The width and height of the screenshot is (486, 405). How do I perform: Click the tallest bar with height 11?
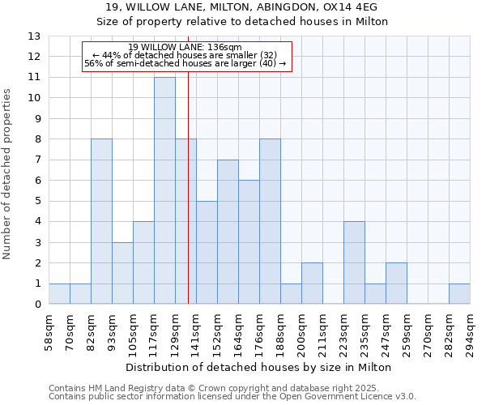[x=164, y=190]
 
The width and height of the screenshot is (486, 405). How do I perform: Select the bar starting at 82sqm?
[x=101, y=221]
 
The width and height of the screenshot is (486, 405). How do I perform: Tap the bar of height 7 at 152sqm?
[x=228, y=232]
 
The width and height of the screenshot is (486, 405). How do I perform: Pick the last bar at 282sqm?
[x=459, y=294]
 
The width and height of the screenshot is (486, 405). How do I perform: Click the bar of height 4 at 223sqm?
[x=354, y=262]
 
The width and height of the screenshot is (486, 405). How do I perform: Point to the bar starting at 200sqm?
[x=312, y=283]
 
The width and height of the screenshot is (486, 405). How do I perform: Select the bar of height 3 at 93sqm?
[x=122, y=273]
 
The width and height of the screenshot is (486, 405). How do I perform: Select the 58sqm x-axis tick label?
[x=49, y=332]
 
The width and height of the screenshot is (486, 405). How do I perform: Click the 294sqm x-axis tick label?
[x=470, y=332]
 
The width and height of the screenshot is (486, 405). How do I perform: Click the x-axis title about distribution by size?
[x=258, y=367]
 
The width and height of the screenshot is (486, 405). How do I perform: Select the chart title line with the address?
[x=242, y=7]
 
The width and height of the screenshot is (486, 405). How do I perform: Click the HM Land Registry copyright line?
[x=232, y=388]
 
